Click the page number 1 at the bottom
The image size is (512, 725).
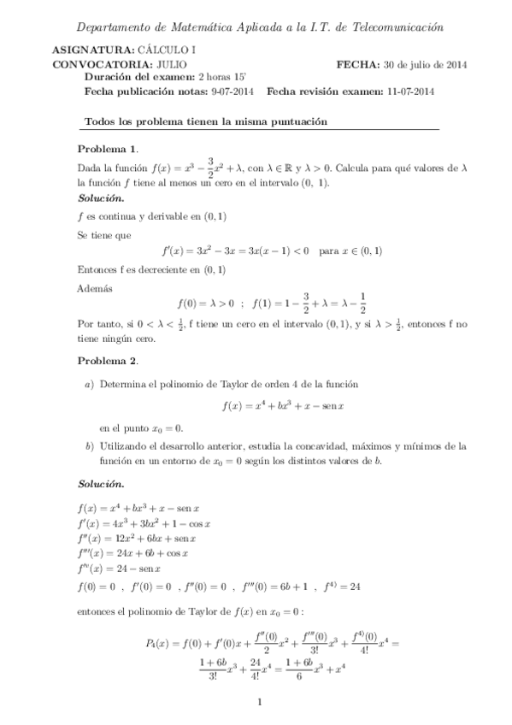257,702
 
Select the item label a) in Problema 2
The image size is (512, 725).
89,385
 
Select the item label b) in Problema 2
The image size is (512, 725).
89,445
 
